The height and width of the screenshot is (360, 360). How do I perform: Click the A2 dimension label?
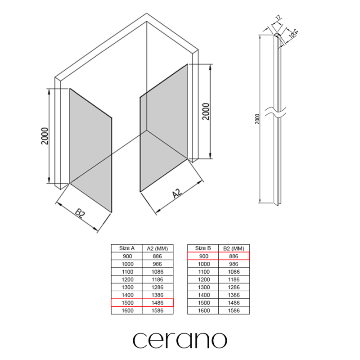177,193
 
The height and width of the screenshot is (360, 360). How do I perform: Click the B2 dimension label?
80,213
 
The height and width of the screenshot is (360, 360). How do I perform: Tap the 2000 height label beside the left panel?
45,136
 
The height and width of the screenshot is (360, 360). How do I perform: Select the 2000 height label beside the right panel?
206,111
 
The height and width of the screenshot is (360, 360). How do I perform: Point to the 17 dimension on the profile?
278,18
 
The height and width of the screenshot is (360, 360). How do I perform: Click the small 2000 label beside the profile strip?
257,119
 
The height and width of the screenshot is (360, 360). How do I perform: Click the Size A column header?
127,248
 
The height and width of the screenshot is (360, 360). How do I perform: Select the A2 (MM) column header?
157,248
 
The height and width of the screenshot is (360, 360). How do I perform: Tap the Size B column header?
203,248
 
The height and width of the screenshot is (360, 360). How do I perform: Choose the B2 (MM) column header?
234,248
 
